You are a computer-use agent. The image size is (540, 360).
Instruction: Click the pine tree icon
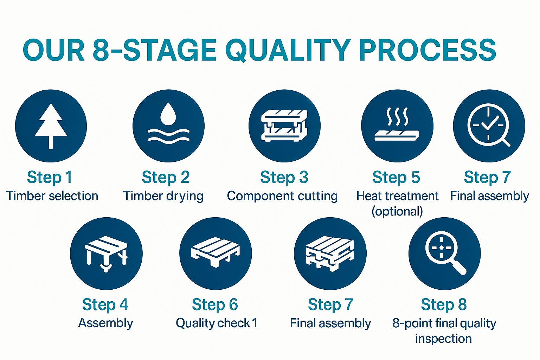click(x=51, y=126)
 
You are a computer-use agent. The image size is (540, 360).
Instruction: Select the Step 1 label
click(x=50, y=178)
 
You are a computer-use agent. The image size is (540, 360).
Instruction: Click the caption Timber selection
click(x=52, y=196)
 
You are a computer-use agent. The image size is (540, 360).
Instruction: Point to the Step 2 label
click(x=166, y=178)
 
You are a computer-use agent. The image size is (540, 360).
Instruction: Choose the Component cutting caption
click(x=282, y=196)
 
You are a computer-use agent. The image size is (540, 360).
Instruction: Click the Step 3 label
click(x=284, y=178)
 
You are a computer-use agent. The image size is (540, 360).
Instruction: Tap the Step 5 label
click(x=396, y=178)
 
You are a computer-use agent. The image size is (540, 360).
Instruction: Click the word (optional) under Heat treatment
click(x=397, y=212)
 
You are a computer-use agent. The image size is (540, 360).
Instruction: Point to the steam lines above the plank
click(x=397, y=116)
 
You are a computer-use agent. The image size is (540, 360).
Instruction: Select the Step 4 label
click(x=105, y=304)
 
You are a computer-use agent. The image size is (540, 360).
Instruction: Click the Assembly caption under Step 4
click(x=105, y=323)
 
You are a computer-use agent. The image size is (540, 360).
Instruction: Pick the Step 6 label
click(x=215, y=304)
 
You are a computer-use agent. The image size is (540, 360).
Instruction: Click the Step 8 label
click(x=444, y=304)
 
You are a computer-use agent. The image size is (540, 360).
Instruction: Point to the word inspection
click(x=444, y=339)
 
